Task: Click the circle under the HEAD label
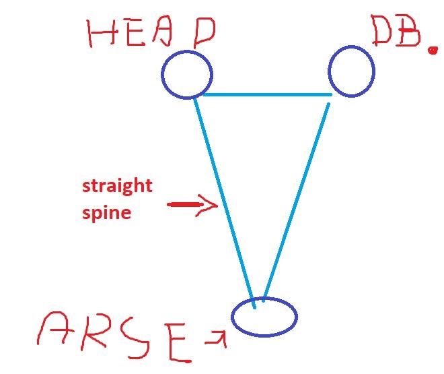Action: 187,74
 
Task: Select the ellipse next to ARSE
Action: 264,317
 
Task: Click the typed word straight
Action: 118,186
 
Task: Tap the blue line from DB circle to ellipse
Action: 296,199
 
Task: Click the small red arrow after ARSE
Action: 217,335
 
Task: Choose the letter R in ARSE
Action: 98,336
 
